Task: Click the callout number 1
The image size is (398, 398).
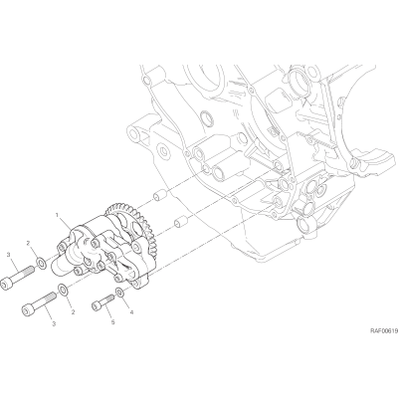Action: pyautogui.click(x=57, y=216)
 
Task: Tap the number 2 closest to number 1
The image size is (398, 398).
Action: pyautogui.click(x=29, y=244)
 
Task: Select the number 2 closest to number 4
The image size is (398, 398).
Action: pyautogui.click(x=73, y=311)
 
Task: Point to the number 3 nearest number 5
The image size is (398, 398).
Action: pyautogui.click(x=55, y=322)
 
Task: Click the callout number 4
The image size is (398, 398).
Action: pyautogui.click(x=131, y=312)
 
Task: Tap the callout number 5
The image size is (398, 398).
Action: pyautogui.click(x=113, y=322)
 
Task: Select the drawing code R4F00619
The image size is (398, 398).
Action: pyautogui.click(x=384, y=330)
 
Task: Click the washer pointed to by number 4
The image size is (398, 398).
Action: pyautogui.click(x=119, y=293)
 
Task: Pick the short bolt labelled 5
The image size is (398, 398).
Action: pyautogui.click(x=102, y=302)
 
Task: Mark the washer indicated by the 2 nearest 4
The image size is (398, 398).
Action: pyautogui.click(x=63, y=290)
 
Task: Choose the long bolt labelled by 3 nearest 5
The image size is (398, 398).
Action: pyautogui.click(x=39, y=303)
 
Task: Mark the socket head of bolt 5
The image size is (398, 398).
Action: pyautogui.click(x=97, y=306)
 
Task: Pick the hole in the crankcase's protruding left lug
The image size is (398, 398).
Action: pyautogui.click(x=135, y=134)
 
